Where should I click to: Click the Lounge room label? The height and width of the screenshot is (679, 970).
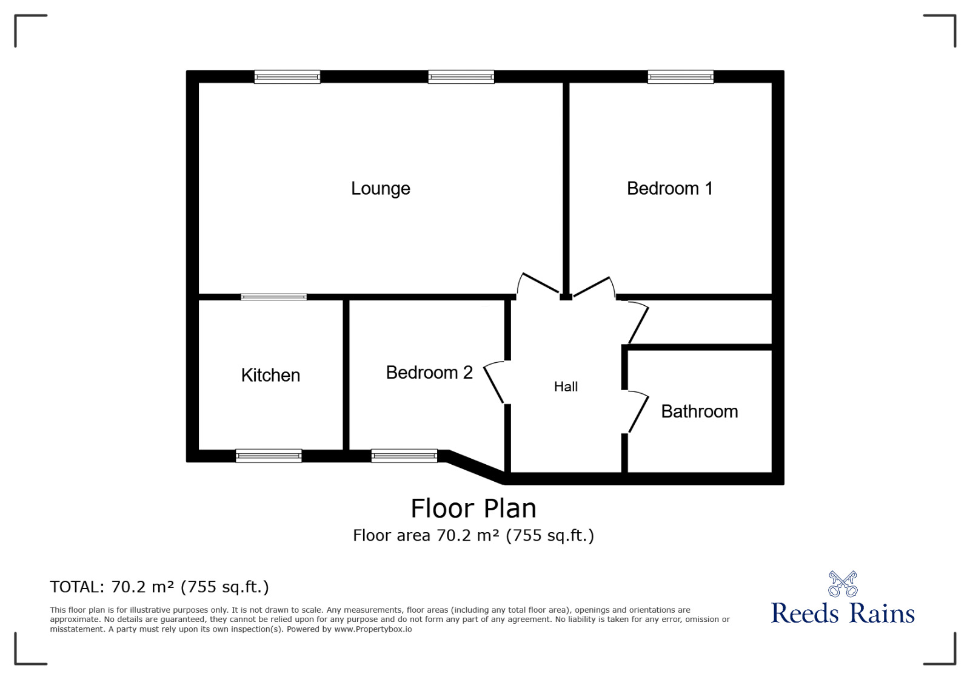[x=381, y=189]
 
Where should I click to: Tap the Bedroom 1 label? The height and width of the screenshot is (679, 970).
[x=669, y=189]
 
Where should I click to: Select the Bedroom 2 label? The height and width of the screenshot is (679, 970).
[x=429, y=373]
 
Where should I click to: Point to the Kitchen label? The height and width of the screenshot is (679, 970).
[x=270, y=376]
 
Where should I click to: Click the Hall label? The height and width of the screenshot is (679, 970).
[x=566, y=387]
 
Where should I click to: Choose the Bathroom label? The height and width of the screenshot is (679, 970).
[x=699, y=411]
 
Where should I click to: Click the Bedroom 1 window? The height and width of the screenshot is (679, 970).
[x=680, y=77]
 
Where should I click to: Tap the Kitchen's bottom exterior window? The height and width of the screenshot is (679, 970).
[x=269, y=456]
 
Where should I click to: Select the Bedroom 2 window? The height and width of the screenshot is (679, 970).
[x=404, y=456]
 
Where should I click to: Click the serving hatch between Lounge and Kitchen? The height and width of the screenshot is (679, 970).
[x=273, y=297]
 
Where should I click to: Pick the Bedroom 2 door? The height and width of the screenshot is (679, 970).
[x=494, y=382]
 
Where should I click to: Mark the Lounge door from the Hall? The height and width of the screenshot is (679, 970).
[x=538, y=283]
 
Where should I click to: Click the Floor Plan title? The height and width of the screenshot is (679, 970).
[x=473, y=508]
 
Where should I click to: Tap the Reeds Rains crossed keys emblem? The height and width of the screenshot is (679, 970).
[x=843, y=584]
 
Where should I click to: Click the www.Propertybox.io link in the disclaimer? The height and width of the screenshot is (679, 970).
[x=373, y=629]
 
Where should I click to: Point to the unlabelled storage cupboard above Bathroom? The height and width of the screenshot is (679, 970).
[x=703, y=322]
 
